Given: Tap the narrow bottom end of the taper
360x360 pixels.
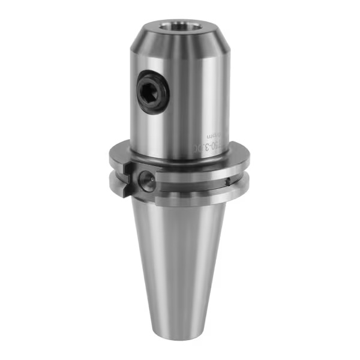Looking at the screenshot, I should coord(180,327).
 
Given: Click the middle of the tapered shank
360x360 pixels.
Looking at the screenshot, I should coord(180,258).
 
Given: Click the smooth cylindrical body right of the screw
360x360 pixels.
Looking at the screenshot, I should coord(192,96).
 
